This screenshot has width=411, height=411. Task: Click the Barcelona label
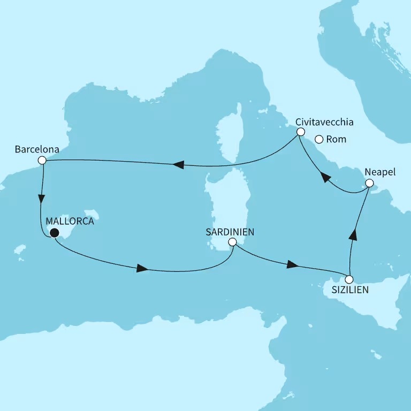click(x=37, y=148)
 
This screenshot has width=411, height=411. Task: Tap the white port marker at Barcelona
click(x=42, y=161)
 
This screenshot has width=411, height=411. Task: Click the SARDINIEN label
click(x=230, y=232)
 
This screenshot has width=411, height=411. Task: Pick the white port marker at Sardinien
click(x=232, y=242)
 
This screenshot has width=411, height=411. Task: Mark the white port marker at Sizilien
click(x=349, y=279)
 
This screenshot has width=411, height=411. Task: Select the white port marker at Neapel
click(x=369, y=184)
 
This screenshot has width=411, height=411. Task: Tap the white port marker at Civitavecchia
click(x=301, y=132)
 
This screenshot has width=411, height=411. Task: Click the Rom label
click(x=336, y=140)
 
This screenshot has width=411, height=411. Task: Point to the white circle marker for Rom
click(x=319, y=140)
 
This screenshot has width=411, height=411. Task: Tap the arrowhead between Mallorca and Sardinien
click(x=142, y=269)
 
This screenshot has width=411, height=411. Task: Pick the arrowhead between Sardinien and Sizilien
click(x=292, y=265)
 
